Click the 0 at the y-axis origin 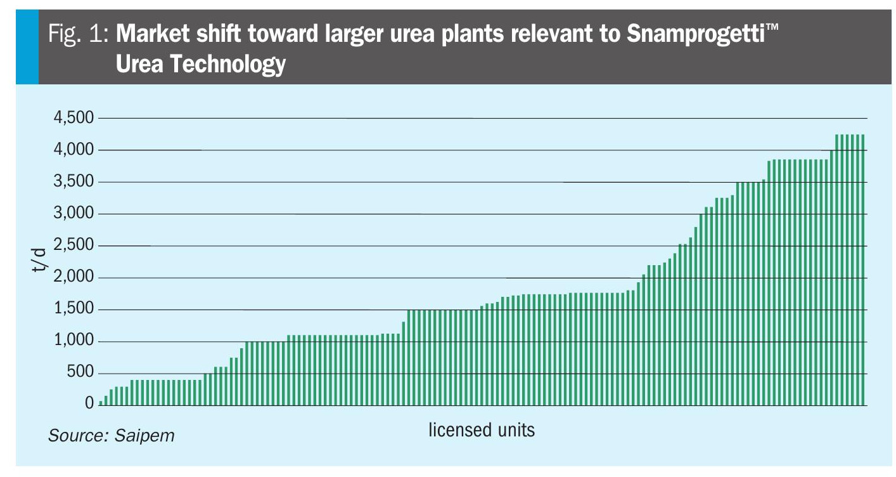coord(89,403)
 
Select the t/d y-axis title coord(39,261)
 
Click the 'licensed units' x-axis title coord(482,430)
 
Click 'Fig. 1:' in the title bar coord(79,35)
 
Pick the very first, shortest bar coord(101,403)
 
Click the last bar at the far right coord(863,270)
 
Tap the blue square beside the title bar coord(27,48)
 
